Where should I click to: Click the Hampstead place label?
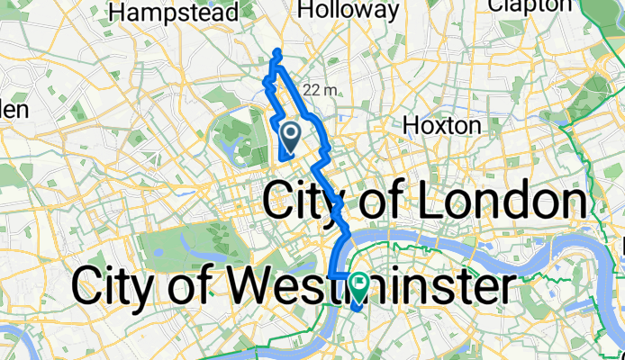click(173, 13)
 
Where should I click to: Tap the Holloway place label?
click(348, 10)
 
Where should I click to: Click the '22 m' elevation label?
click(321, 89)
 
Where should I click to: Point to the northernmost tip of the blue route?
click(277, 51)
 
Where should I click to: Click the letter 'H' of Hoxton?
click(412, 124)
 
